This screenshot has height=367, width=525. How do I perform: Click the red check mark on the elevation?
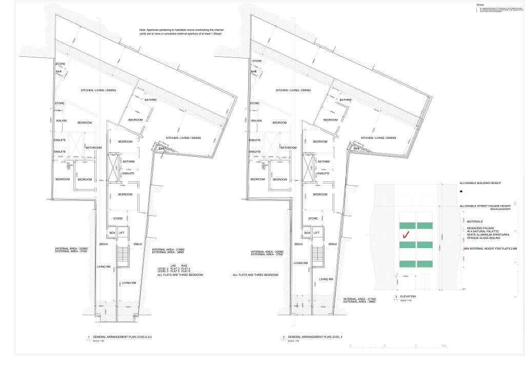coord(406,235)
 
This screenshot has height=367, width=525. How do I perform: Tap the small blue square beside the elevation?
coord(461,191)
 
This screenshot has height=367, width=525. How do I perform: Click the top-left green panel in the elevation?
coord(407,225)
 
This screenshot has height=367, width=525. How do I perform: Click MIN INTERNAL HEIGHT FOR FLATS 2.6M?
coord(491,248)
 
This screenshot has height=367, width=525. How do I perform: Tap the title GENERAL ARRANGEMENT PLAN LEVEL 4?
coord(316,337)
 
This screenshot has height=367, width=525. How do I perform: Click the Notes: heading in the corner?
coord(480,4)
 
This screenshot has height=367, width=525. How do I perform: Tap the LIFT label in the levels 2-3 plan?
coord(122,233)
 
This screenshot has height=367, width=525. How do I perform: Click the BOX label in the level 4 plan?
coord(307,233)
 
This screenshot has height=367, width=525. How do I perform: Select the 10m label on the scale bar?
coord(443,347)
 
